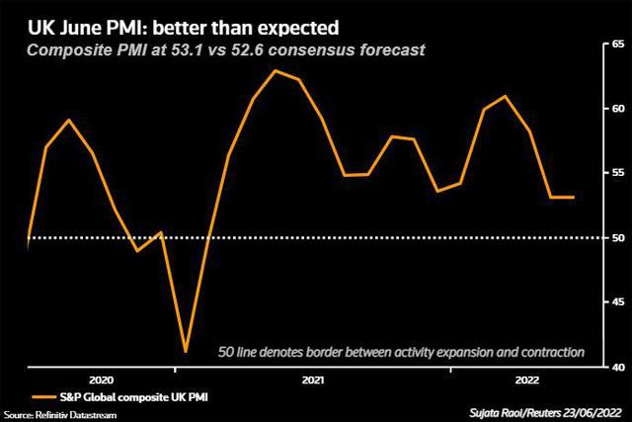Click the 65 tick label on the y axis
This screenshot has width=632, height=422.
[x=619, y=44]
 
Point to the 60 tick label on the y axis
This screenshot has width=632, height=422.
[x=619, y=109]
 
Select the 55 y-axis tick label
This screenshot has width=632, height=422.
[x=619, y=173]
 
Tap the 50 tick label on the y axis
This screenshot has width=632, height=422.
[x=619, y=237]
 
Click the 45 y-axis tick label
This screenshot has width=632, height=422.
[x=619, y=302]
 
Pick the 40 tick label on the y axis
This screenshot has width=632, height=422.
[x=619, y=367]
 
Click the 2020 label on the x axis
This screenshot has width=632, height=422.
[x=101, y=380]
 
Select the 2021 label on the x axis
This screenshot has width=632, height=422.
[x=312, y=380]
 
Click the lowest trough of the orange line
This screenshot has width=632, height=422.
[x=186, y=351]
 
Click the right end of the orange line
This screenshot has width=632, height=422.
[x=574, y=198]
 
